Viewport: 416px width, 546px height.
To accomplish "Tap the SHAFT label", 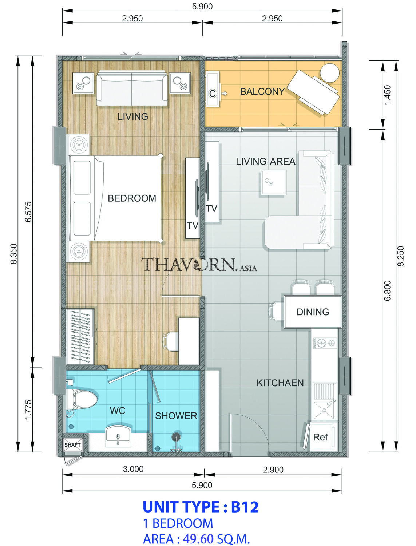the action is click(x=72, y=445).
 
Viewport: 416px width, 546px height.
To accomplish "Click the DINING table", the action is click(x=313, y=312).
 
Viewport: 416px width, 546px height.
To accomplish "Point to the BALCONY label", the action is click(x=262, y=91).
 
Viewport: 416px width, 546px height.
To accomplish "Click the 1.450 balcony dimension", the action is click(x=387, y=95).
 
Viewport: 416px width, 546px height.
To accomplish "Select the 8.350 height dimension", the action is click(x=14, y=253).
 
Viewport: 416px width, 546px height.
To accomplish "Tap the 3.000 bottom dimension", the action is click(x=133, y=469).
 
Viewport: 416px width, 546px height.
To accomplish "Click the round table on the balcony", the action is click(x=329, y=73).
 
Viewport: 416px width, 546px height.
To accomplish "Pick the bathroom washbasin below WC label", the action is click(x=118, y=437).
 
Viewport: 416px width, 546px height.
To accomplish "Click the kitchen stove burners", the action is click(x=325, y=343).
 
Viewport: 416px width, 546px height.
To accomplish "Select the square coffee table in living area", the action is click(x=274, y=182).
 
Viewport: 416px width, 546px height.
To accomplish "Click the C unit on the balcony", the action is click(x=213, y=89).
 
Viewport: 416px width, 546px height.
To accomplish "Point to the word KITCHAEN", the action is click(x=280, y=383).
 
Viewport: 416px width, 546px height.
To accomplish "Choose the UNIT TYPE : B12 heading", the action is click(x=201, y=507).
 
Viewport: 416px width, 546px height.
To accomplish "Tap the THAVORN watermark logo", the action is click(x=199, y=264).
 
